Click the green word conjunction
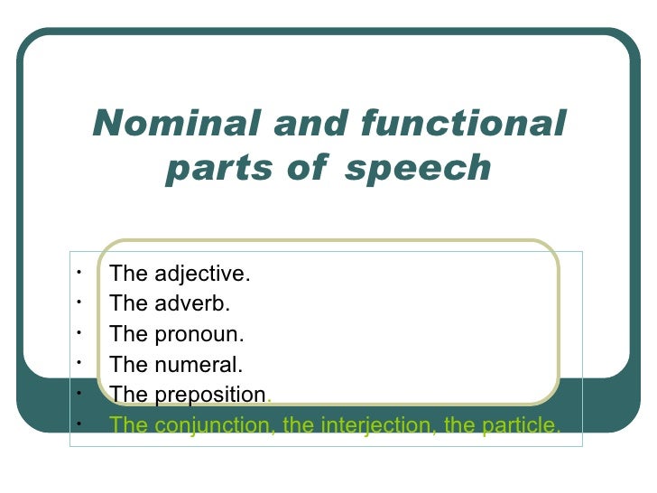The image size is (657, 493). (x=209, y=424)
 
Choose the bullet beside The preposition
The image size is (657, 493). (x=80, y=391)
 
